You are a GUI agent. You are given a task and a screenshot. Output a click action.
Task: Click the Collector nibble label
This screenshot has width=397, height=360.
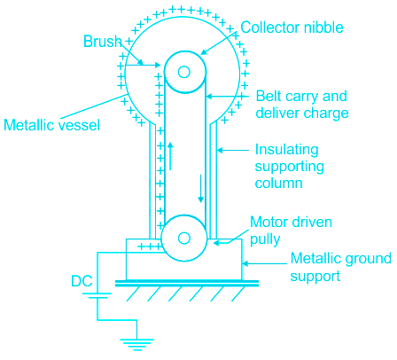[x=292, y=27]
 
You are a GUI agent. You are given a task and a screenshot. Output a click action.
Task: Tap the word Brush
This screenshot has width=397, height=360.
[x=103, y=41]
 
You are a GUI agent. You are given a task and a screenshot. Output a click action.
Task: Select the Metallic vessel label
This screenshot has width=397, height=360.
[x=51, y=125]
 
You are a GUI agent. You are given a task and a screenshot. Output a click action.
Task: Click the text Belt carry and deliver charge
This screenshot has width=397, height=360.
[x=302, y=105]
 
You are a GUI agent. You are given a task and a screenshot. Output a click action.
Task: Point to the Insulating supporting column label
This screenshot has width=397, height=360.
[x=290, y=166]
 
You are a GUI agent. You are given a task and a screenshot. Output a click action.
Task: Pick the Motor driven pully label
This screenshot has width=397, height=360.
[x=291, y=231]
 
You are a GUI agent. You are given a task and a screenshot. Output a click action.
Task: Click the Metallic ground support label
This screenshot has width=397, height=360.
[x=340, y=267]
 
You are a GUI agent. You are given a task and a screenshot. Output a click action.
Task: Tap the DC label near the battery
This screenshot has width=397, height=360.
[x=82, y=281]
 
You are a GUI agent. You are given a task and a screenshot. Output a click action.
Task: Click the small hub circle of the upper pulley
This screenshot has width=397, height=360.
[x=184, y=72]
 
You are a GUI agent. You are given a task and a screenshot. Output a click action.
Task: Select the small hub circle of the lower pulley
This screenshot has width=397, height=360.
[x=184, y=238]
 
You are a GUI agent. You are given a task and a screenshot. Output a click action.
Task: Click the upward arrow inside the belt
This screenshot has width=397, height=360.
[x=170, y=156]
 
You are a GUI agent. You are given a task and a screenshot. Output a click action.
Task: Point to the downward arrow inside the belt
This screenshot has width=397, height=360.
[x=201, y=189]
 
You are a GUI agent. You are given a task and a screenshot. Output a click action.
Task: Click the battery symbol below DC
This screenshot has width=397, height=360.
[x=97, y=295]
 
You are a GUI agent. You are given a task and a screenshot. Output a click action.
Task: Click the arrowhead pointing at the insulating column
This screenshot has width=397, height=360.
[x=220, y=151]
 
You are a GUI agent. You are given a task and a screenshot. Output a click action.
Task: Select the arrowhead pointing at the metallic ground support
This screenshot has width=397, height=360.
[x=245, y=263]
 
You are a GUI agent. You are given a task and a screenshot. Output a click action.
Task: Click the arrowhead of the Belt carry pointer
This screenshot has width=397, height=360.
[x=209, y=97]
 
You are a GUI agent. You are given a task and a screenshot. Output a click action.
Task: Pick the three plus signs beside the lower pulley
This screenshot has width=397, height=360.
[x=150, y=247]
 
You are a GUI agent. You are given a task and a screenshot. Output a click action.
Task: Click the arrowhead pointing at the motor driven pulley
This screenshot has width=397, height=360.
[x=216, y=243]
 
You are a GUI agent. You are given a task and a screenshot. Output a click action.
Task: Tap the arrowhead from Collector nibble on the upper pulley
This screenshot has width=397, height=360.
[x=203, y=52]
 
